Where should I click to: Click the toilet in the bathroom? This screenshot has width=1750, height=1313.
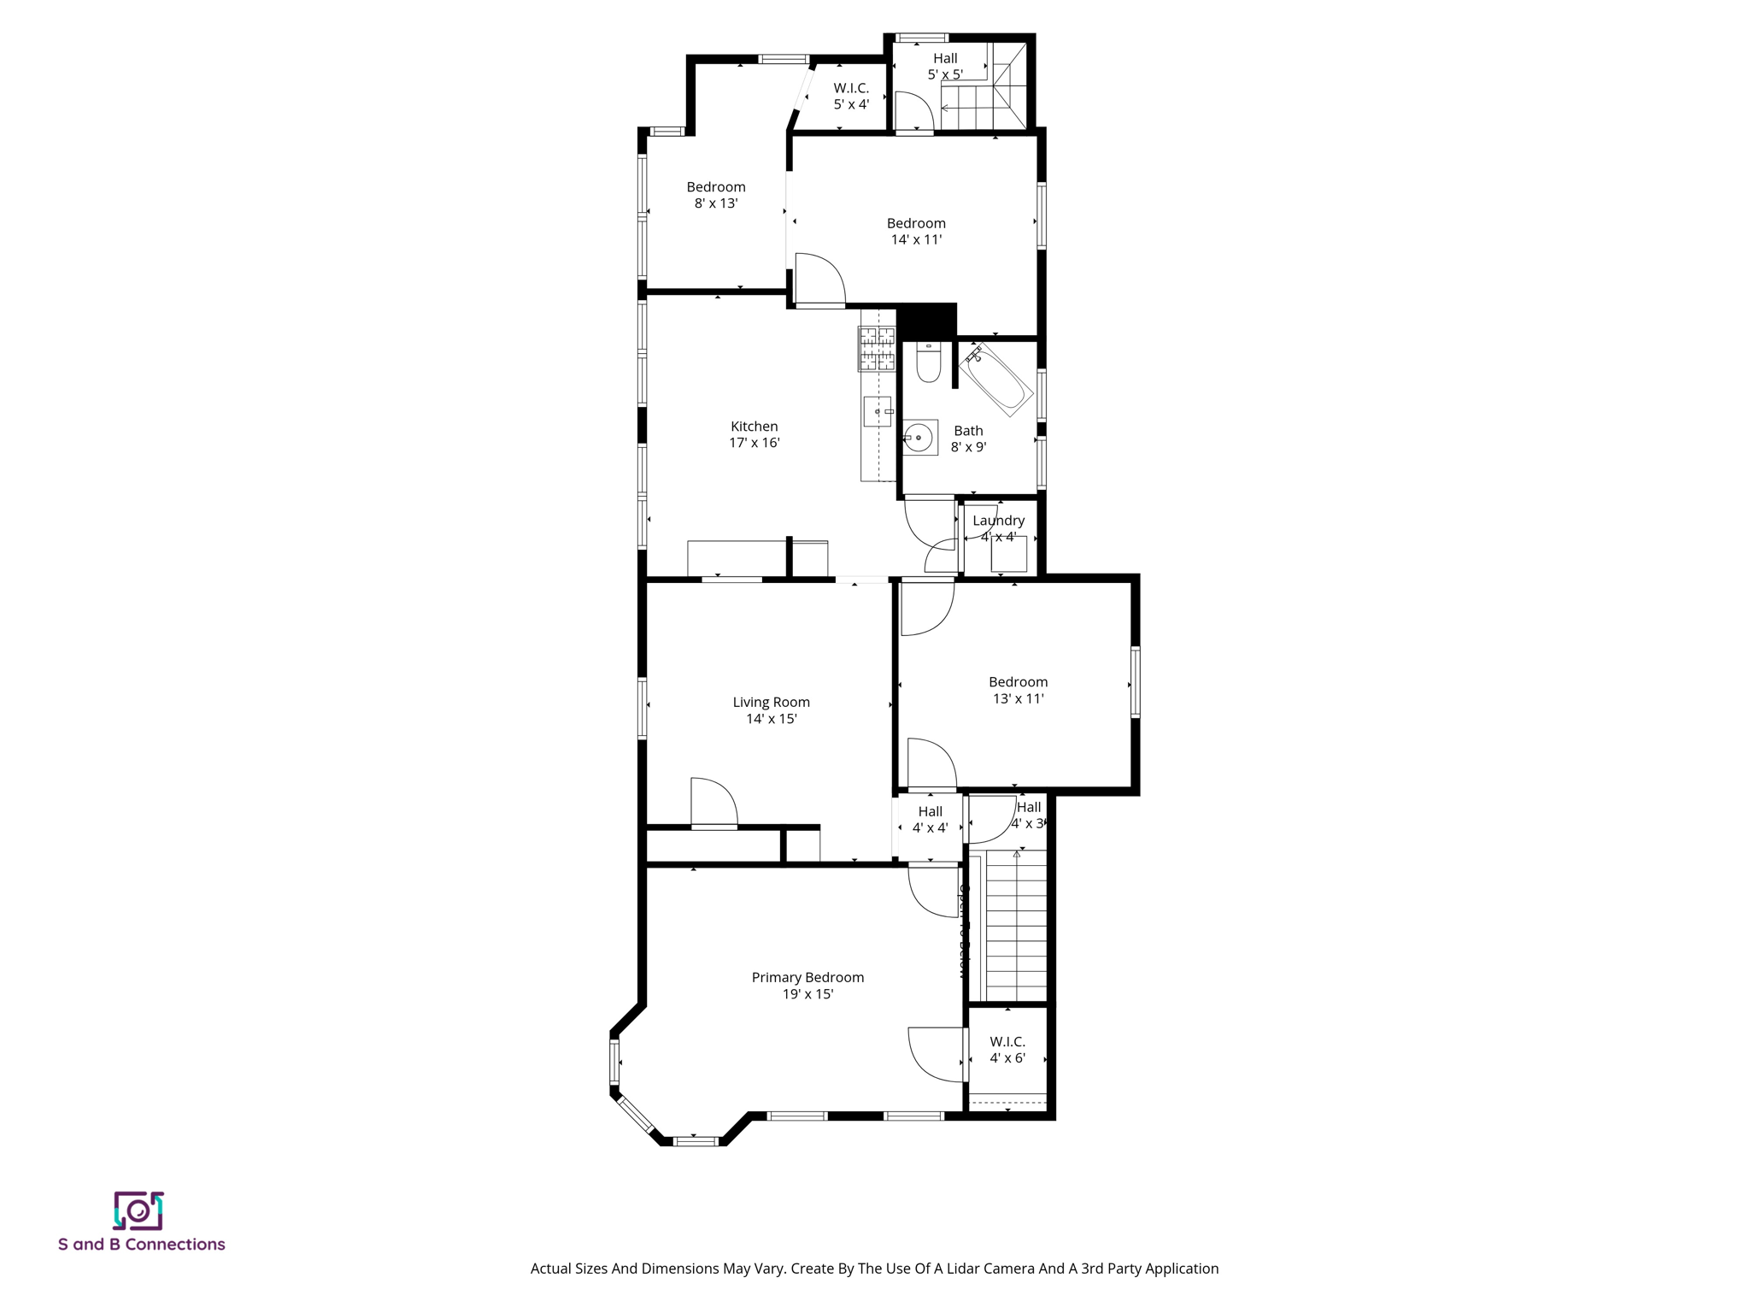[x=928, y=362]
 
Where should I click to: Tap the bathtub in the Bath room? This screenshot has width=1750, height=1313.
[x=996, y=380]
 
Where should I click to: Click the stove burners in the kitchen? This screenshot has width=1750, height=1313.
[x=877, y=349]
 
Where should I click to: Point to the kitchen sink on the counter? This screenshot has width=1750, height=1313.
[x=877, y=411]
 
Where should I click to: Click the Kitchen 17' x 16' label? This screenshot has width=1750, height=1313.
[x=754, y=434]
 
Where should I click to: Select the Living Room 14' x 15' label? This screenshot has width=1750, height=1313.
[x=771, y=710]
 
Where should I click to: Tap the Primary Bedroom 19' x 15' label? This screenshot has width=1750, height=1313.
[x=807, y=986]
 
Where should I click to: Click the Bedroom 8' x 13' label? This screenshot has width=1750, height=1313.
[x=716, y=195]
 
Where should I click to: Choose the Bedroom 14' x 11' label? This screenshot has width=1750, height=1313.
[x=916, y=232]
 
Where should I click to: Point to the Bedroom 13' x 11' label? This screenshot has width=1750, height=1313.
[x=1018, y=690]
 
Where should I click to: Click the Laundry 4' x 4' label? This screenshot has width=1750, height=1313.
[x=998, y=528]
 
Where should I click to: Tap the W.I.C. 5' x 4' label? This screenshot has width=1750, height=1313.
[x=851, y=96]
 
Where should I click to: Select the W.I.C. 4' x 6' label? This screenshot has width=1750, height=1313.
[x=1007, y=1050]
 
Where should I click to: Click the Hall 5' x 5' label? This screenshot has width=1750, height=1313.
[x=945, y=66]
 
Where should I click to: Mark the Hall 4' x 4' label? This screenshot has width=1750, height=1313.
[x=930, y=819]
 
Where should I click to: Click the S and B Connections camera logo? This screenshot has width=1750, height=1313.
[x=138, y=1210]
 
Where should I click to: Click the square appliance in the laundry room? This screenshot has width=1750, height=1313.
[x=1008, y=554]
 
